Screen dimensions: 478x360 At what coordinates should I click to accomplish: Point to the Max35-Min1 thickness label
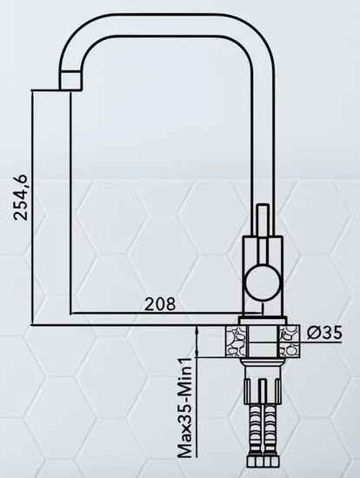[184, 409]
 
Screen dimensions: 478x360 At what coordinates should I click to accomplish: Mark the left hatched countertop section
[236, 340]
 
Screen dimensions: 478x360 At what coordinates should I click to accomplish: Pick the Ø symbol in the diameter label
[315, 332]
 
